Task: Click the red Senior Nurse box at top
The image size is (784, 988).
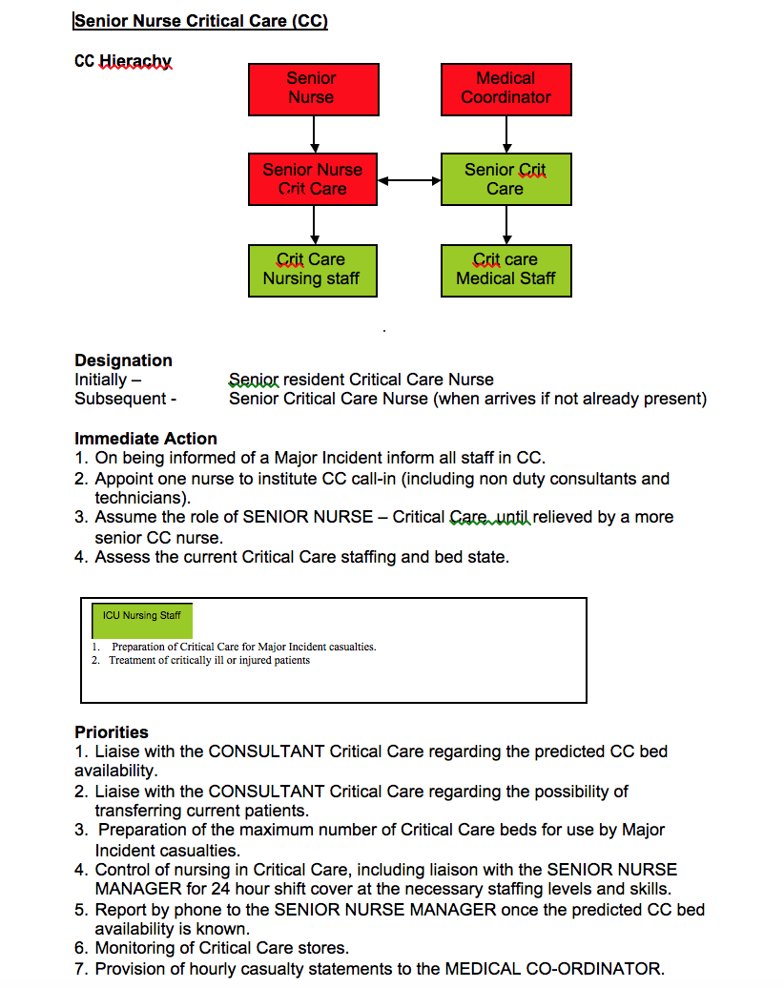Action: coord(313,89)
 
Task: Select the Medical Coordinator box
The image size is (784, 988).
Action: coord(506,89)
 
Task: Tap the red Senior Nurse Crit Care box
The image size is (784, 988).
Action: coord(313,179)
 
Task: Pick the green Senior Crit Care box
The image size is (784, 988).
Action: coord(506,179)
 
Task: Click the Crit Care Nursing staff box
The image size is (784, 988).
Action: coord(313,270)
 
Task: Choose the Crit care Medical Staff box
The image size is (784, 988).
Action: coord(506,270)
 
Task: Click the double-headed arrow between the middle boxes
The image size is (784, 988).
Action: coord(409,181)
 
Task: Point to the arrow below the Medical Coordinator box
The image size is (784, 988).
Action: coord(506,134)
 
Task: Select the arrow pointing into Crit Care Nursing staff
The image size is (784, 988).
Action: coord(315,225)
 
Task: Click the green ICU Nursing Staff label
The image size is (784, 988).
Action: coord(142,621)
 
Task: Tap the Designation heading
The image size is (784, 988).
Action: coord(124,360)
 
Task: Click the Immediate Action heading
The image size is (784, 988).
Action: coord(146,439)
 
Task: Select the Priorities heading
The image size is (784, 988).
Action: coord(112,732)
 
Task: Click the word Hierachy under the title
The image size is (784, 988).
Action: coord(135,61)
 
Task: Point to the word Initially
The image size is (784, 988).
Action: coord(101,380)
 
